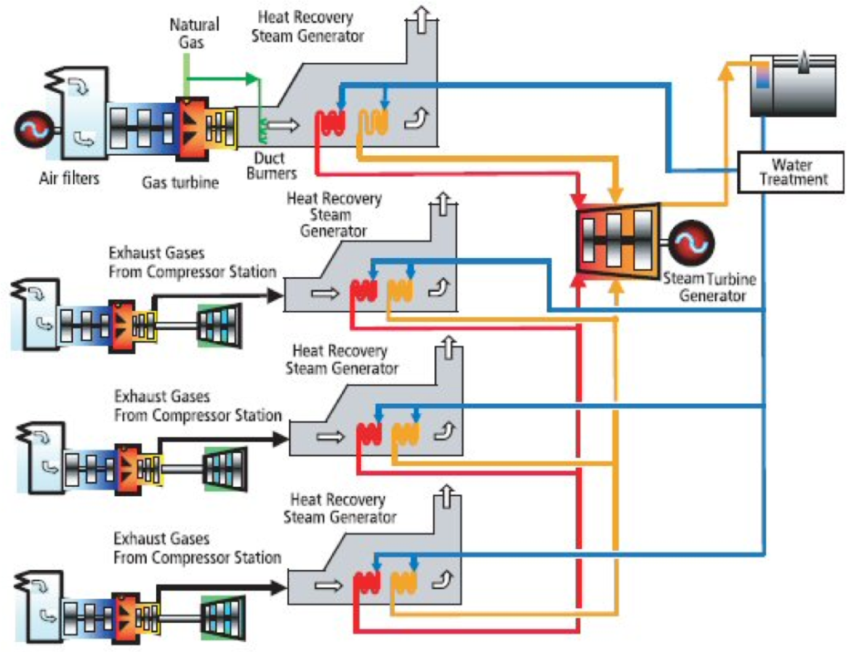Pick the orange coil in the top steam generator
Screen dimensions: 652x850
[373, 123]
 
